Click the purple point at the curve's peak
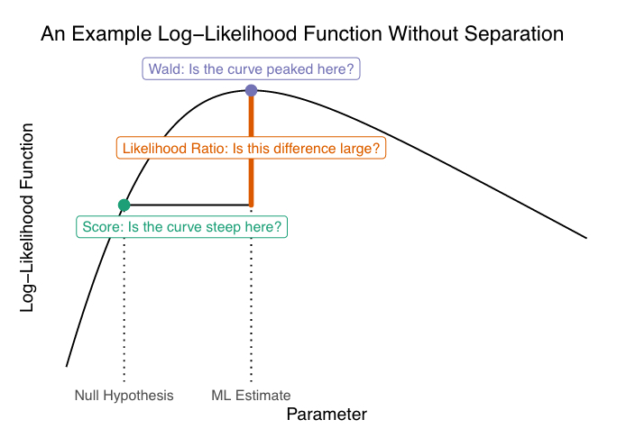[x=251, y=90]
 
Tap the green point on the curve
[x=124, y=205]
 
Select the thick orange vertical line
[x=251, y=171]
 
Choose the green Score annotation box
[x=181, y=227]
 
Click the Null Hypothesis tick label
[x=124, y=395]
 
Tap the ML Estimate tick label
[x=251, y=395]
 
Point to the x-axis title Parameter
[x=327, y=415]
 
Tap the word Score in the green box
[x=99, y=227]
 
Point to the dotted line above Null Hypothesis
[x=124, y=297]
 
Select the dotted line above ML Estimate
[x=251, y=297]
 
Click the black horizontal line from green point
[x=189, y=205]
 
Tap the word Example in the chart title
[x=109, y=35]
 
